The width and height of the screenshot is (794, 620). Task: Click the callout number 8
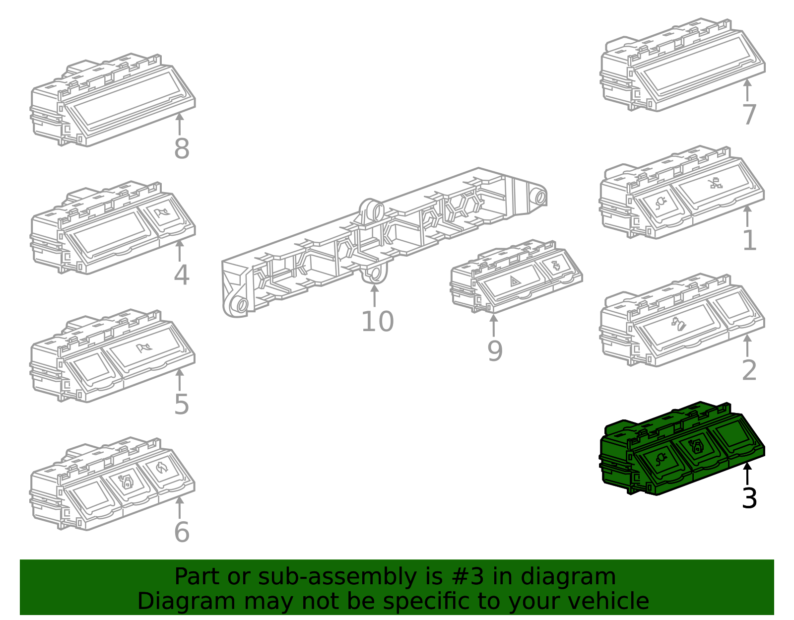[x=182, y=149]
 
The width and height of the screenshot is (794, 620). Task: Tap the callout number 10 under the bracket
[x=378, y=322]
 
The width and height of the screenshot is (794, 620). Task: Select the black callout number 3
[x=749, y=498]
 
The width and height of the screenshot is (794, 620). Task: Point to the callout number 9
[x=495, y=351]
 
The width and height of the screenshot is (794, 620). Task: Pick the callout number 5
[x=182, y=405]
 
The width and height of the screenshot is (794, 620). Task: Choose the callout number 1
[x=749, y=241]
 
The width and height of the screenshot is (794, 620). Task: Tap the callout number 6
[x=182, y=532]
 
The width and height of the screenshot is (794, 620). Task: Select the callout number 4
[x=182, y=275]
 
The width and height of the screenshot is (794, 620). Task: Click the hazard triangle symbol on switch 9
[x=515, y=281]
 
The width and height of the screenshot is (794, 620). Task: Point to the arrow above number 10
[x=375, y=296]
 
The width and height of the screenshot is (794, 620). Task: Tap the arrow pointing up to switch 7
[x=747, y=90]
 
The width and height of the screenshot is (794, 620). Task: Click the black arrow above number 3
[x=747, y=474]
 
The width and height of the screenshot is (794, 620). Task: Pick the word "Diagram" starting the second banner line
[x=187, y=601]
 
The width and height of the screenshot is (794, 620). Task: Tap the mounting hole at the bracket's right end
[x=540, y=198]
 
